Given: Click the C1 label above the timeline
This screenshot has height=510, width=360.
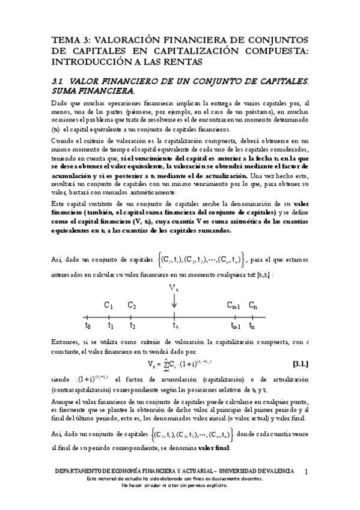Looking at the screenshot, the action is (109, 305).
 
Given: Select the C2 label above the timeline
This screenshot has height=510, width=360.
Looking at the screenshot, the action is (132, 305).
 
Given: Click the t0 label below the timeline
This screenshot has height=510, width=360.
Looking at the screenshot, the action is (88, 326).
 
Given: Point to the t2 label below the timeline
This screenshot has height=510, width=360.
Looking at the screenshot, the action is (132, 326).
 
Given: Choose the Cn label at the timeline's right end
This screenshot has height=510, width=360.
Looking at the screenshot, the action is (254, 305).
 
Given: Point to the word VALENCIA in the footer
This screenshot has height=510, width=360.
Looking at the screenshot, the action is (273, 470).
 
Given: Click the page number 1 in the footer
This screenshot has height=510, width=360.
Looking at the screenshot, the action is (307, 471).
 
